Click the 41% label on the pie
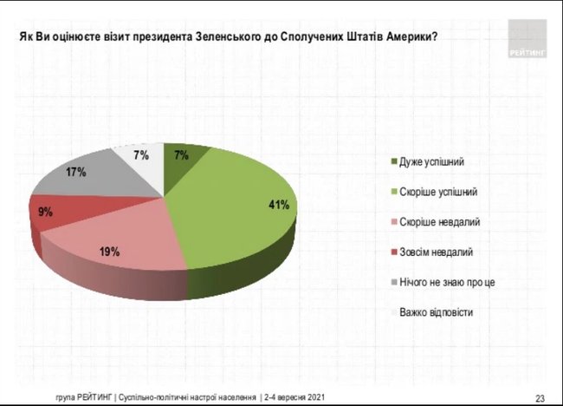(x=276, y=206)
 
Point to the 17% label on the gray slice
(x=75, y=173)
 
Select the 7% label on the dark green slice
(x=180, y=155)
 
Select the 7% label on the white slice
(x=141, y=155)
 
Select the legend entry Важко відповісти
(x=435, y=311)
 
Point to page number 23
(x=540, y=397)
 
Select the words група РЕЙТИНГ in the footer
(x=81, y=397)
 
